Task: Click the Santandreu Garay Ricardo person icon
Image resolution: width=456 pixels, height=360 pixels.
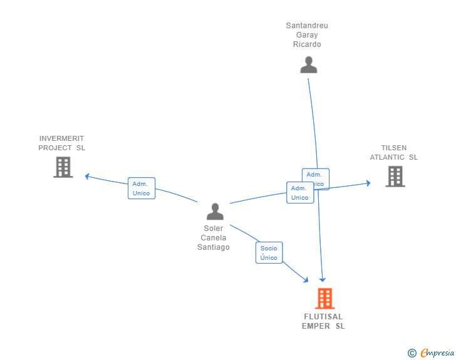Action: click(308, 65)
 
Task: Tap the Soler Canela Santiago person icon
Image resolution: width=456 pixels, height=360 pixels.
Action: click(215, 212)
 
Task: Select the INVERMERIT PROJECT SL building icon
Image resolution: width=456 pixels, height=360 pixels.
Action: click(63, 167)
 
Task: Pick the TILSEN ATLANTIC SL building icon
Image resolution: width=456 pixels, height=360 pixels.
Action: click(395, 177)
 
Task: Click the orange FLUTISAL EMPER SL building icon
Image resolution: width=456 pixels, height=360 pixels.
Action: click(324, 299)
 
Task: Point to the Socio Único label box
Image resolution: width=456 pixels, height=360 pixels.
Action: click(269, 253)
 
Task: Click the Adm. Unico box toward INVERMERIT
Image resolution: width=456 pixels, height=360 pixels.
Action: click(141, 188)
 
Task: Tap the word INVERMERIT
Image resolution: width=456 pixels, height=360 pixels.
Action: click(61, 138)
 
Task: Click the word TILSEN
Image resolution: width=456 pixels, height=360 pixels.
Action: click(394, 148)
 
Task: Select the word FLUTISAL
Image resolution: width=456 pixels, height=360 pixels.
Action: click(323, 317)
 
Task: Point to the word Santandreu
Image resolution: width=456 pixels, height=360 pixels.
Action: click(307, 26)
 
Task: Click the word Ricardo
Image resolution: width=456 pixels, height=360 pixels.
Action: click(307, 44)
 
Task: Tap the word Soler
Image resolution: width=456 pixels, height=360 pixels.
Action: click(214, 229)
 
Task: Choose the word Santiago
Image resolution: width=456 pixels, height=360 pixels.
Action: click(214, 247)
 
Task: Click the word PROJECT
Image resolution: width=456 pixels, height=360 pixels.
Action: click(55, 148)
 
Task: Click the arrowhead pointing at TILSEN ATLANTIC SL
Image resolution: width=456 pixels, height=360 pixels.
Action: click(368, 183)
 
